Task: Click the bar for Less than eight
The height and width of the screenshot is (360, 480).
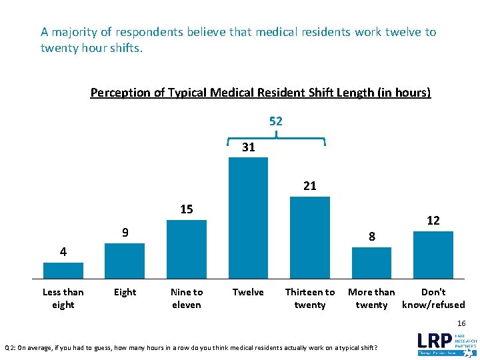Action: click(63, 270)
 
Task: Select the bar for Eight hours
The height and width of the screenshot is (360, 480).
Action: click(125, 261)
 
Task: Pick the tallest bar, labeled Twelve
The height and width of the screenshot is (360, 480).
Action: click(248, 217)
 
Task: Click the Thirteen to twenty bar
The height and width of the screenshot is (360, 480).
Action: click(310, 237)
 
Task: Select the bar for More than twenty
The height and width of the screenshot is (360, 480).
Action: click(371, 263)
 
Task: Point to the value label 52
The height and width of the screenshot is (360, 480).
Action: click(276, 121)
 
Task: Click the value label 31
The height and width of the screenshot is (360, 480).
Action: click(248, 147)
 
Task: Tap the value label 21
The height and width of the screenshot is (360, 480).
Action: click(310, 186)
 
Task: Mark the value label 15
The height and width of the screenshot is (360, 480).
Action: click(187, 209)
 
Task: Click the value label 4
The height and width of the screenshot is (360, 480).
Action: click(63, 252)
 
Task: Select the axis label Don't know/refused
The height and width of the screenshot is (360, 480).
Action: click(433, 299)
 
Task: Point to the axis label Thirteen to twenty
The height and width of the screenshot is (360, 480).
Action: click(310, 299)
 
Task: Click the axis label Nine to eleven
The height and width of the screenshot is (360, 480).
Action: click(187, 299)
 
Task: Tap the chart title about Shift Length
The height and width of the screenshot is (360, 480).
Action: click(261, 93)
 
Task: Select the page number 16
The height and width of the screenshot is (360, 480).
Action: click(461, 323)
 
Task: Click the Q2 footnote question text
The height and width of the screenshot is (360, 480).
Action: click(195, 347)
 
